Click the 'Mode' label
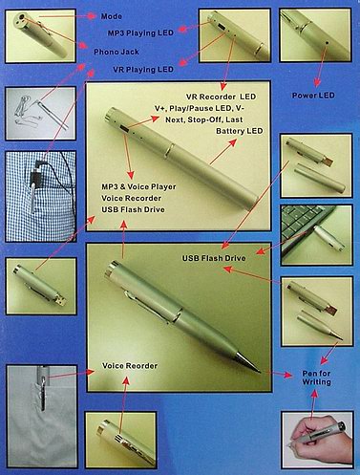[112, 16]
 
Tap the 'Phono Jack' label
[116, 52]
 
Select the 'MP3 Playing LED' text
[140, 32]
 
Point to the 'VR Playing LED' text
[143, 69]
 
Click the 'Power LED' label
[313, 96]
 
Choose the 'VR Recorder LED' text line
[221, 97]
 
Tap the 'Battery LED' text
[240, 131]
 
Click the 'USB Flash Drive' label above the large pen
[214, 258]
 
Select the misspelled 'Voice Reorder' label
[130, 366]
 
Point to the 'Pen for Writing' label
[316, 378]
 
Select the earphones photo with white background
[41, 114]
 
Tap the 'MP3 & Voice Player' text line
[138, 186]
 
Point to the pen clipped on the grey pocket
[43, 389]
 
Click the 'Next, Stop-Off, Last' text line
[204, 119]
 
